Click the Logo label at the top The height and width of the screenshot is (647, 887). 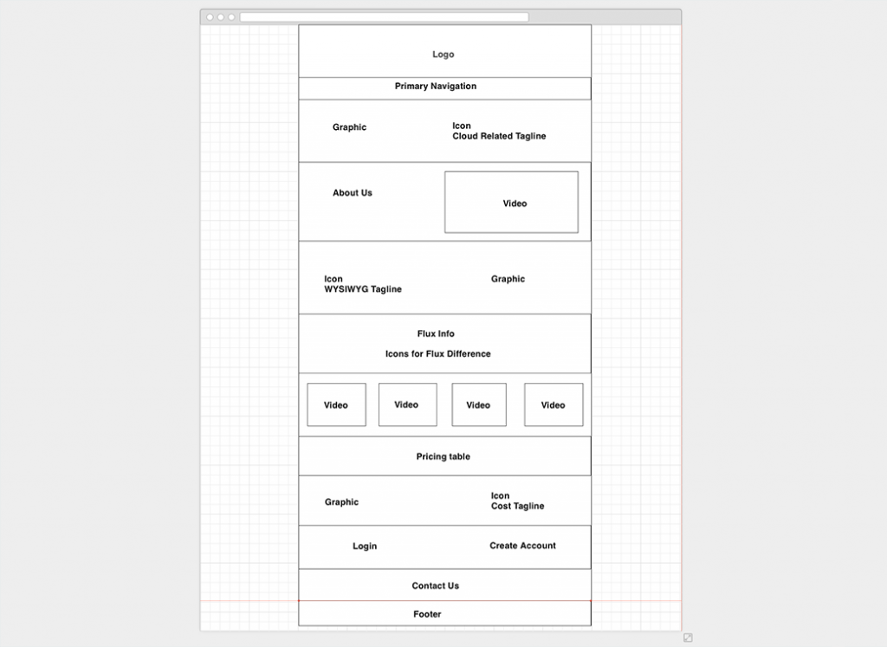443,55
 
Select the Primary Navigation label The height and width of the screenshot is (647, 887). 436,86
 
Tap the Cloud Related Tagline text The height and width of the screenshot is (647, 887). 499,136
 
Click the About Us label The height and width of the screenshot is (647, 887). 353,193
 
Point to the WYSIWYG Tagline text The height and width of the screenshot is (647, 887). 363,289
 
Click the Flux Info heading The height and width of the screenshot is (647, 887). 436,333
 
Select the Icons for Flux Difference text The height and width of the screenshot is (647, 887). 437,354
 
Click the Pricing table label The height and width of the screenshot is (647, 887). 443,456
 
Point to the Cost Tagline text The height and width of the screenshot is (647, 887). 518,506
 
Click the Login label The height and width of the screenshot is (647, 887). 365,546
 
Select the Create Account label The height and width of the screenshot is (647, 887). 522,546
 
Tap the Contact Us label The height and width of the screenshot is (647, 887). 435,586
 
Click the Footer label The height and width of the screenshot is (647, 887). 427,614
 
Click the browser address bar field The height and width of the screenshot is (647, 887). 384,17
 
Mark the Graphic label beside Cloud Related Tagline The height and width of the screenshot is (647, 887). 349,127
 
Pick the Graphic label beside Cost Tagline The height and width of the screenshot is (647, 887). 341,502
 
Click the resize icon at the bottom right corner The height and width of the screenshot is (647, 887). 688,638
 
